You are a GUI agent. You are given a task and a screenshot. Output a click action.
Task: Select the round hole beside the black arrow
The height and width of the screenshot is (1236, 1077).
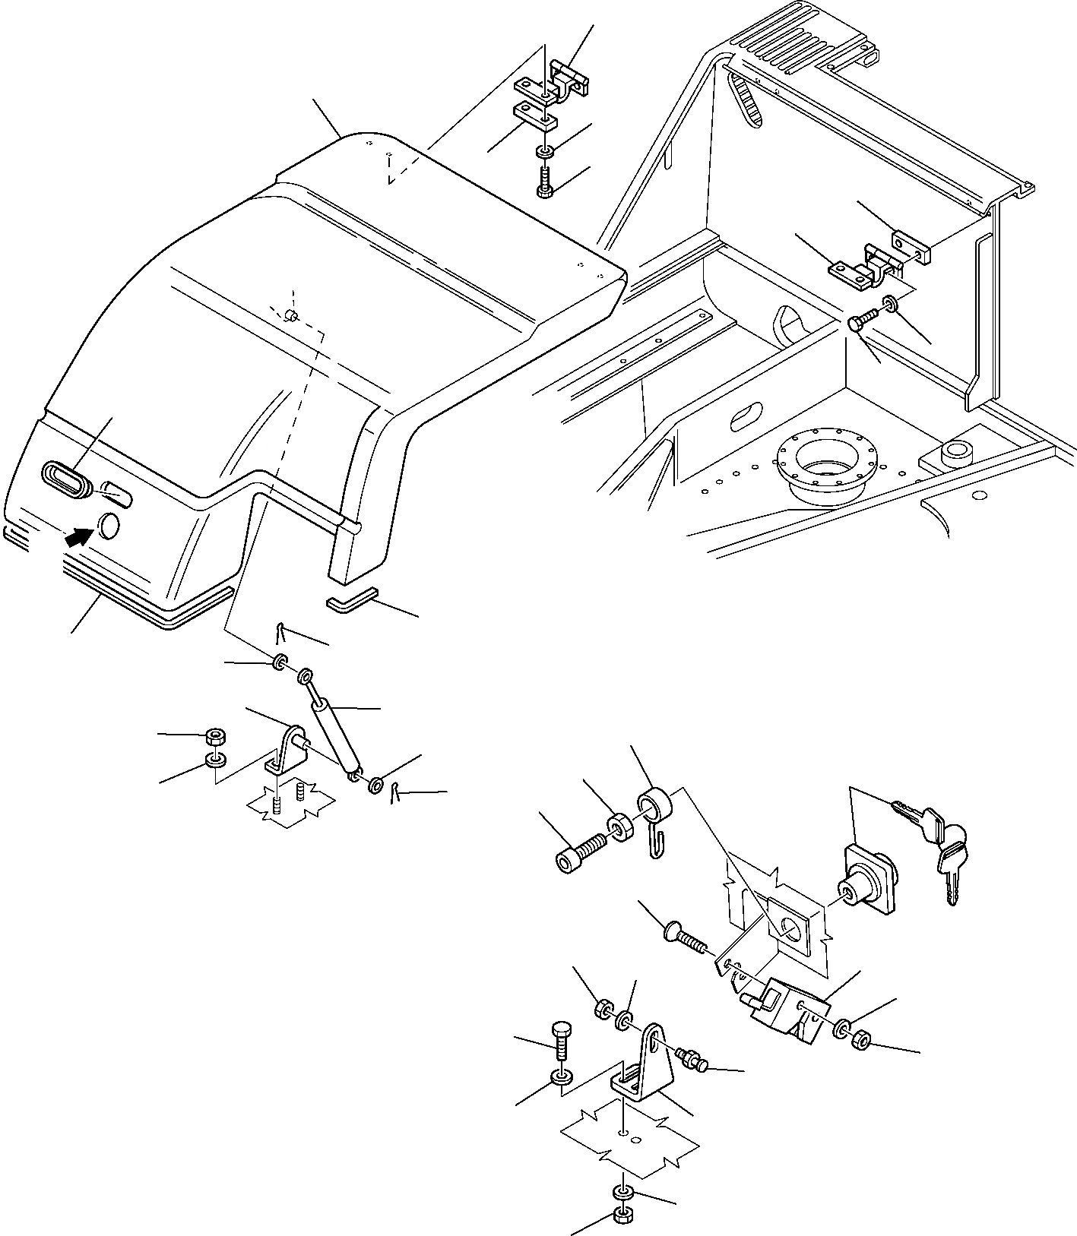tap(109, 526)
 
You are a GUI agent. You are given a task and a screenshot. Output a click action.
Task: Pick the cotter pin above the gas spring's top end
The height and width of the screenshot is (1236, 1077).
tap(281, 631)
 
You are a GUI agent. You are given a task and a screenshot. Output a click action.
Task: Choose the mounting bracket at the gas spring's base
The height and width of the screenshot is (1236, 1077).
tap(287, 752)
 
